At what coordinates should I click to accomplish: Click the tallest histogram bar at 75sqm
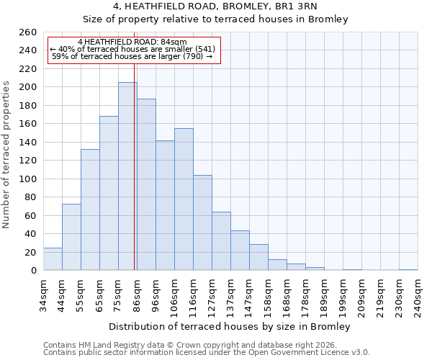point(127,176)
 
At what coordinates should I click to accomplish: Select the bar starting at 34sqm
point(53,259)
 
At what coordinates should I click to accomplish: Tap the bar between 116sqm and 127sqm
point(202,222)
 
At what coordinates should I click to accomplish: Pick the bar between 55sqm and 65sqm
point(90,210)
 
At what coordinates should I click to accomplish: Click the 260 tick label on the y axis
point(27,32)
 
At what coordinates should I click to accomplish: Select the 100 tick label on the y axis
point(27,179)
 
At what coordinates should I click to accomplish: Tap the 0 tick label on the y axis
point(33,271)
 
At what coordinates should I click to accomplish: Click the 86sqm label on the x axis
point(137,295)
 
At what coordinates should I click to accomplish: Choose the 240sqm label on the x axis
point(418,295)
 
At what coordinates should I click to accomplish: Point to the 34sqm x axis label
point(43,295)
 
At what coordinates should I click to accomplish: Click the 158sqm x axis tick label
point(268,295)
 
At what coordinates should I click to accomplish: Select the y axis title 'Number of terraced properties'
point(7,155)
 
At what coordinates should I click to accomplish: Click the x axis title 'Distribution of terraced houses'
point(230,327)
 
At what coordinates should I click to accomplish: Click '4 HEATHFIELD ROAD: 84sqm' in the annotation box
point(132,42)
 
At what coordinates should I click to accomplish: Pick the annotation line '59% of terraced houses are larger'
point(132,56)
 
